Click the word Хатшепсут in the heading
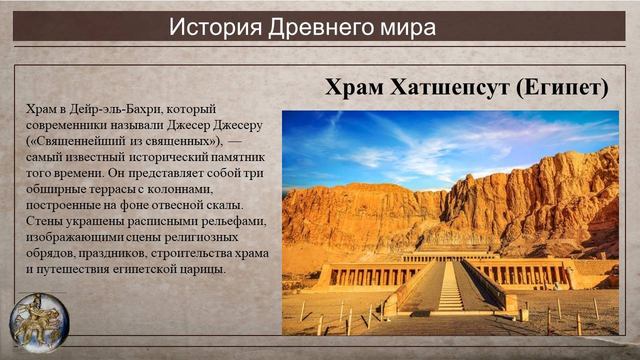point(449,87)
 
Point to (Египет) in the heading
point(562,87)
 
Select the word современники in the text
point(66,126)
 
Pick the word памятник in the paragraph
point(237,157)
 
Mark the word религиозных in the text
point(201,237)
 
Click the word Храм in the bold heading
point(353,87)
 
